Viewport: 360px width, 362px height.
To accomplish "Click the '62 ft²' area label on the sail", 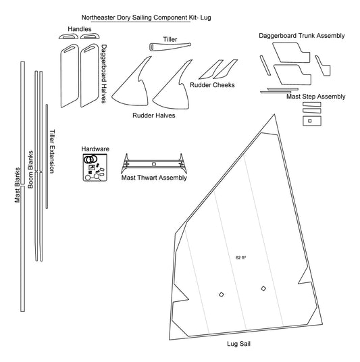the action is click(240, 257).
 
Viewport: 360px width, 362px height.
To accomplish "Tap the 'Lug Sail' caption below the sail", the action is click(238, 344).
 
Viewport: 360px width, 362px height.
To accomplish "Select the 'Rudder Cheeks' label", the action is click(212, 85).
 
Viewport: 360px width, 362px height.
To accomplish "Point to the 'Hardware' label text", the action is click(95, 149).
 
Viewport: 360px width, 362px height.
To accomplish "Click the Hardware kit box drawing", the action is click(95, 167).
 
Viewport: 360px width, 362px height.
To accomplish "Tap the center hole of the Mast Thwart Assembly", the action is click(154, 164).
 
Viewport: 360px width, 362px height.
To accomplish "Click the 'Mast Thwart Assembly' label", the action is click(154, 178).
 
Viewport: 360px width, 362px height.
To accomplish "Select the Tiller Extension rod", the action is click(47, 156).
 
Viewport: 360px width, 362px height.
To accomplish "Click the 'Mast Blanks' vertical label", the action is click(18, 185).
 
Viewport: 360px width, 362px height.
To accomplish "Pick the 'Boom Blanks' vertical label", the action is click(30, 170).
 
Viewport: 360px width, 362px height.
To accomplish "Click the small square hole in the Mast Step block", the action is click(310, 121).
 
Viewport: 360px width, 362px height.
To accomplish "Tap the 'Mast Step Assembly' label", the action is click(315, 97).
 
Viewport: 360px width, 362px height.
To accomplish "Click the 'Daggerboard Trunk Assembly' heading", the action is click(302, 36).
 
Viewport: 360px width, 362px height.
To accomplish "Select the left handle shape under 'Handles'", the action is click(69, 36).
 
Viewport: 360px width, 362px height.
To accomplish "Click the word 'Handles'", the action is click(80, 29).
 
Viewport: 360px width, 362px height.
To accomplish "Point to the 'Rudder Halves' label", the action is click(154, 115).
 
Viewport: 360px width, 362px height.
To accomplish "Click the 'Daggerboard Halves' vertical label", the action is click(104, 74).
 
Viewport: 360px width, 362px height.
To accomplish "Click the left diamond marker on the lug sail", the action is click(222, 294).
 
